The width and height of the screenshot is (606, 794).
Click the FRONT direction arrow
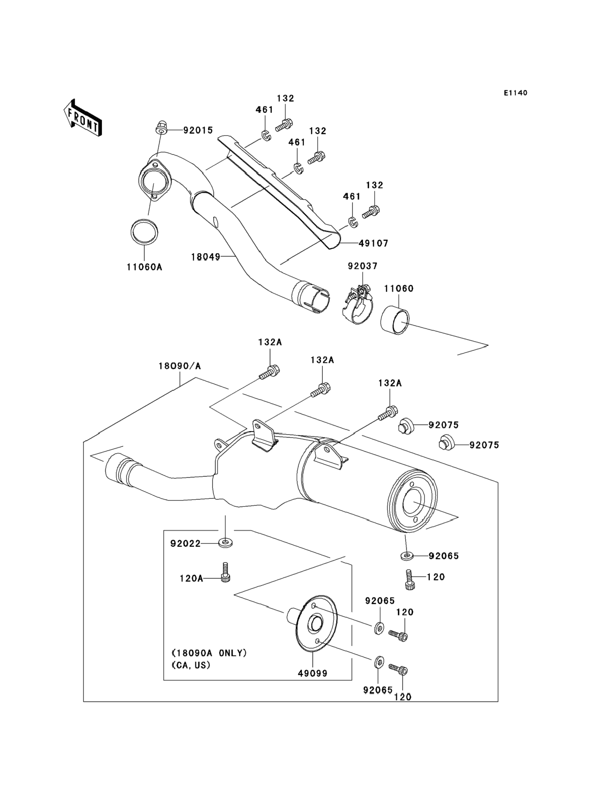(x=83, y=118)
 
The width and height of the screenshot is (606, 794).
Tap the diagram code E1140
(x=515, y=93)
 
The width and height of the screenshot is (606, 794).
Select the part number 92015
(x=198, y=130)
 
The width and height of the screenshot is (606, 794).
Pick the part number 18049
(x=206, y=257)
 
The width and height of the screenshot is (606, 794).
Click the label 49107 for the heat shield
(x=373, y=243)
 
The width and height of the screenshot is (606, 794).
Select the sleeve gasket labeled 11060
(x=395, y=320)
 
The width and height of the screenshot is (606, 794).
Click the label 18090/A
(x=180, y=366)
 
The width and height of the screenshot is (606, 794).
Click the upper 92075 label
(x=444, y=425)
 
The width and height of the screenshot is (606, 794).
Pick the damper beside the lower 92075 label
(x=446, y=442)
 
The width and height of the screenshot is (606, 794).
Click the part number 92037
(x=362, y=266)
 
